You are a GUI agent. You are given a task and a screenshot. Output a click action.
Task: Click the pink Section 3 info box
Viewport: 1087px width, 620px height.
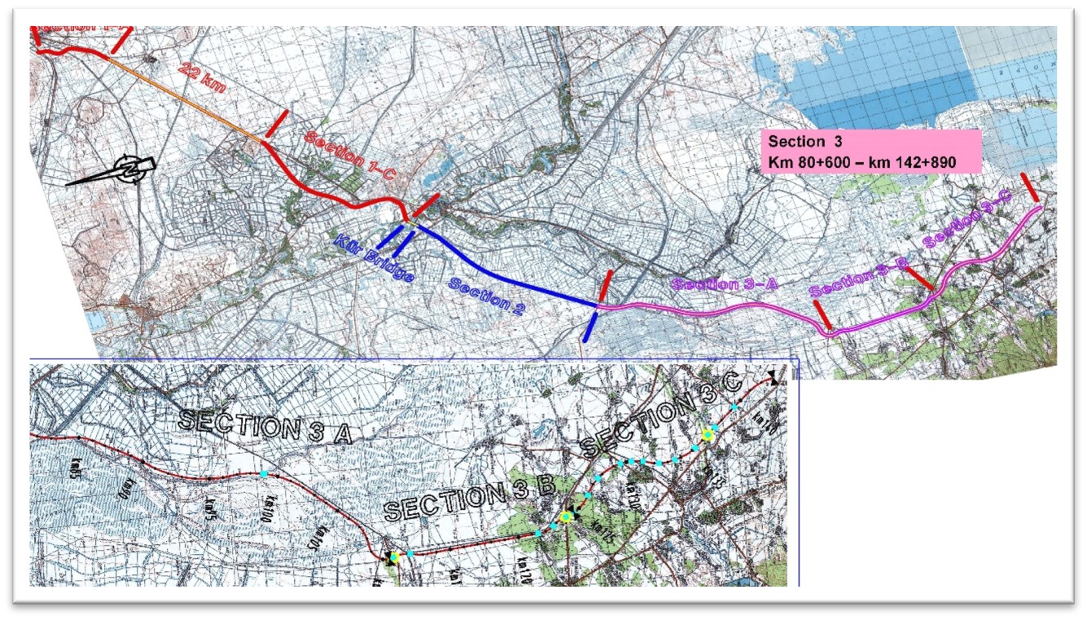click(871, 151)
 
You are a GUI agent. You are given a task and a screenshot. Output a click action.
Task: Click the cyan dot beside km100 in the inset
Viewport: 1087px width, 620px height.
click(264, 473)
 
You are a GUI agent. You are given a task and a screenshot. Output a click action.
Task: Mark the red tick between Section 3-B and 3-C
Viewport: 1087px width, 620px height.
click(920, 278)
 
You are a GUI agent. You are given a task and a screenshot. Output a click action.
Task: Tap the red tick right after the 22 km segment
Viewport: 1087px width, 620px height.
click(276, 124)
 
